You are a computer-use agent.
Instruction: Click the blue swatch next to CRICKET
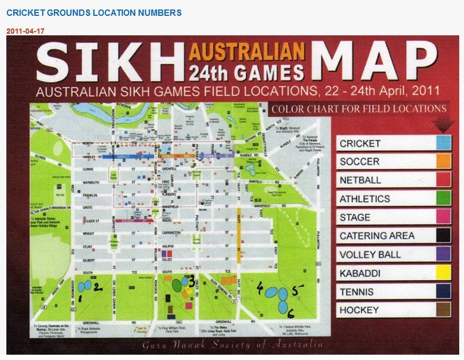point(443,143)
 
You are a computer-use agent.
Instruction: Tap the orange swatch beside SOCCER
point(443,161)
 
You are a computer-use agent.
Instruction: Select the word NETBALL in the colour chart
point(360,180)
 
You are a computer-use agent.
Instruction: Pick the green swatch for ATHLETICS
point(443,199)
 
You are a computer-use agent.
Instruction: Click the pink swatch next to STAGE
point(443,217)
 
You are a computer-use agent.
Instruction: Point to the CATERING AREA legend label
point(377,236)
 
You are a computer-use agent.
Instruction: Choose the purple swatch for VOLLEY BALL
point(443,255)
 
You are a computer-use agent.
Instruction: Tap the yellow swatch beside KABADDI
point(443,273)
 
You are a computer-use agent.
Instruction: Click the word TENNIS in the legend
point(357,291)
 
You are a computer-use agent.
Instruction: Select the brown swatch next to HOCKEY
point(443,310)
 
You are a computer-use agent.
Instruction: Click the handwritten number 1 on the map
point(80,298)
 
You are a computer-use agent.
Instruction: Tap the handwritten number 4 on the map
point(260,287)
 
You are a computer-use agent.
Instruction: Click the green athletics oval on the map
point(176,285)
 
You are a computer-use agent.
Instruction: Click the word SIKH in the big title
point(108,61)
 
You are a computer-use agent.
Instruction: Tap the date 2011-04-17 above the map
point(25,31)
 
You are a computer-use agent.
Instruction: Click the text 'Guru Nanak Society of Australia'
point(232,345)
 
